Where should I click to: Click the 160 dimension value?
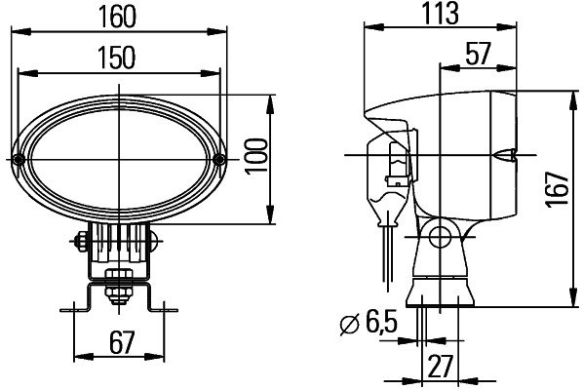[x=117, y=18]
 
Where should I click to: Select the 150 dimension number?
[x=117, y=58]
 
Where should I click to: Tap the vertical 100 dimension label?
[x=256, y=157]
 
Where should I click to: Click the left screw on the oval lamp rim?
[x=19, y=159]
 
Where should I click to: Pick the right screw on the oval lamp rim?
[x=220, y=159]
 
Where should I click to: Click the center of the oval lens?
[x=120, y=158]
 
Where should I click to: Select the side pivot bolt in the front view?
[x=80, y=240]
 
